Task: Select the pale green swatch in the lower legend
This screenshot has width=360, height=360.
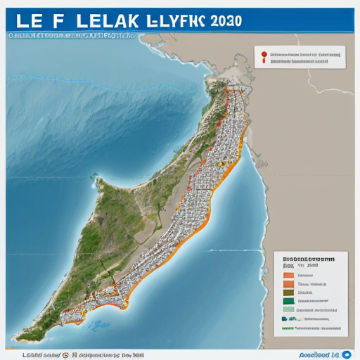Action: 288,309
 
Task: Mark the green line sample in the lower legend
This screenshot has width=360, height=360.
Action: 288,327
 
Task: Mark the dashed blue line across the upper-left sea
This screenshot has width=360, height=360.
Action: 105,84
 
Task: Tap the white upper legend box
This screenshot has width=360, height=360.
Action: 300,57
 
